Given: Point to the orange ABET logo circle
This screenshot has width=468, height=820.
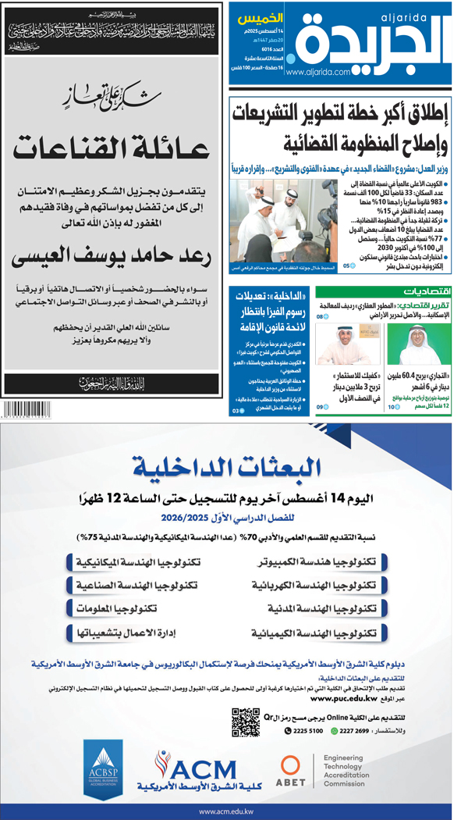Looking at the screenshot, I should click(291, 767).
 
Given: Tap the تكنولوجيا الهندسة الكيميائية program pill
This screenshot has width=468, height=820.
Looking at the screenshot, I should click(316, 633).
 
